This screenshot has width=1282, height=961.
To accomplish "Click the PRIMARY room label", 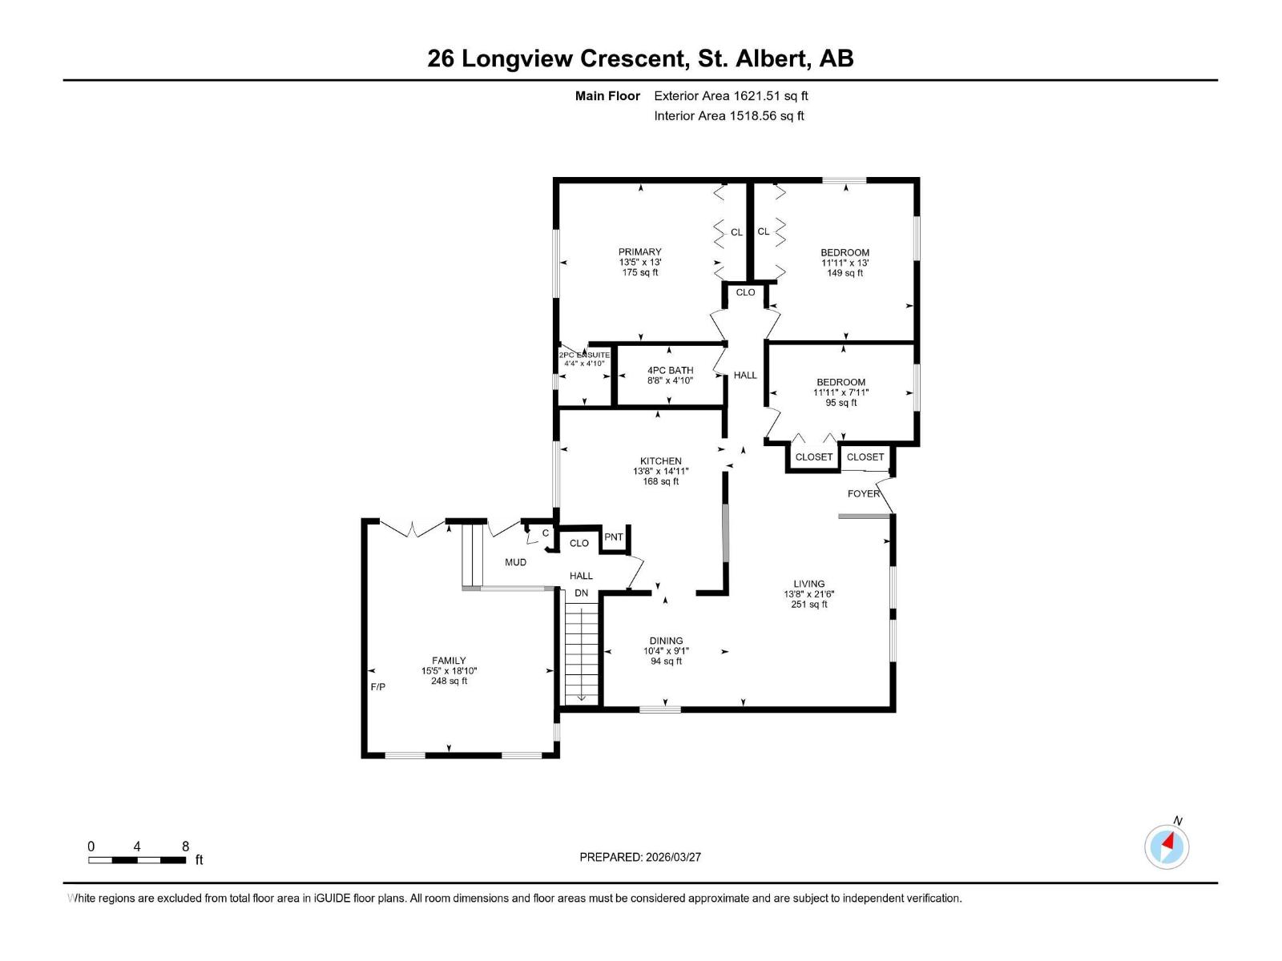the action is point(639,252).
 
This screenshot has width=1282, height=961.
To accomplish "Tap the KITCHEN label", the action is point(660,461).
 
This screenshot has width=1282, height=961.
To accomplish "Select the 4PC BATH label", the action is point(670,371).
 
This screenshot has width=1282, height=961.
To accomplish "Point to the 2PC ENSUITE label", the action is point(584,356).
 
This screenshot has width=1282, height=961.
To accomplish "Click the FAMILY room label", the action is point(449,661).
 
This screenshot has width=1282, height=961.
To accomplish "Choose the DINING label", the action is point(666,641).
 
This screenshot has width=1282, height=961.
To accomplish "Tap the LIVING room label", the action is point(809,584).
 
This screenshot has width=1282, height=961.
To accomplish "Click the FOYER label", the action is point(863,493).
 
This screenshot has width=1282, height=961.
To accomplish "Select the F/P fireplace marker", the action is point(378,687).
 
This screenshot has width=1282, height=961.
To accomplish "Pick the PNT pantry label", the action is point(613,537).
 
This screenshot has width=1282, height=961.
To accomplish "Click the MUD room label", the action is point(515,562).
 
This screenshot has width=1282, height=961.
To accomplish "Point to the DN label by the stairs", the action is point(581,593).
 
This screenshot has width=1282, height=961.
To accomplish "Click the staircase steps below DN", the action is point(582,654).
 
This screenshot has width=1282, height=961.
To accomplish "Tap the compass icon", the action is point(1167,846).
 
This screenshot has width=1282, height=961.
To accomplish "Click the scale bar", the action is point(137,860).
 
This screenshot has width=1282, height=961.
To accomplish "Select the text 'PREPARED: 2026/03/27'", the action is point(640,857).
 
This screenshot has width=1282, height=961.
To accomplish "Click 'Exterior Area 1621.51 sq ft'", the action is point(731,95).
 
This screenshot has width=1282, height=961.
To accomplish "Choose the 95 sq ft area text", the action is point(841,403).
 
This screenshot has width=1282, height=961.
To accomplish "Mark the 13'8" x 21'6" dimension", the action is point(809,594).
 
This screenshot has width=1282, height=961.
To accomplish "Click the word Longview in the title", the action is point(517,58).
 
